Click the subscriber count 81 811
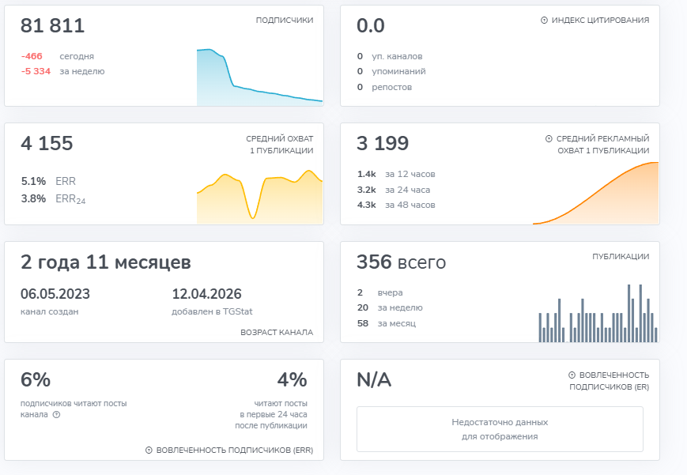(52, 26)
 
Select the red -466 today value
(32, 56)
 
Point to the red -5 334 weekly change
(36, 71)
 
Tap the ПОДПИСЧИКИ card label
(284, 21)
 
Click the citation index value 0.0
(371, 26)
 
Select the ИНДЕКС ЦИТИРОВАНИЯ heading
(600, 21)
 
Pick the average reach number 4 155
(47, 144)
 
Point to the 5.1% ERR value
(33, 181)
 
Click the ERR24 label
(70, 199)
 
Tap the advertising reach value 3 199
(383, 144)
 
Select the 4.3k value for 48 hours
(366, 205)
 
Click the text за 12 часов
(410, 174)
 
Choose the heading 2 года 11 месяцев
(105, 262)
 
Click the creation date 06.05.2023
(55, 294)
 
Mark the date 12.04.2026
(206, 294)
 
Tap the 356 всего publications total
(401, 262)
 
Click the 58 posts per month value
(362, 323)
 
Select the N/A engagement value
(374, 380)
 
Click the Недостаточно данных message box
(500, 429)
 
